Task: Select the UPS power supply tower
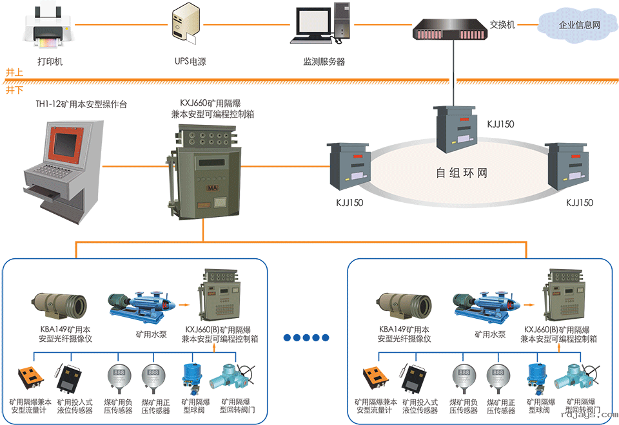point(184,26)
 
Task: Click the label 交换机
point(502,24)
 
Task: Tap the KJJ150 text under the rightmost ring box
point(579,203)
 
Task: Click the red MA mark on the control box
point(212,187)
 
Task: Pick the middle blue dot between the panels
point(307,337)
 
